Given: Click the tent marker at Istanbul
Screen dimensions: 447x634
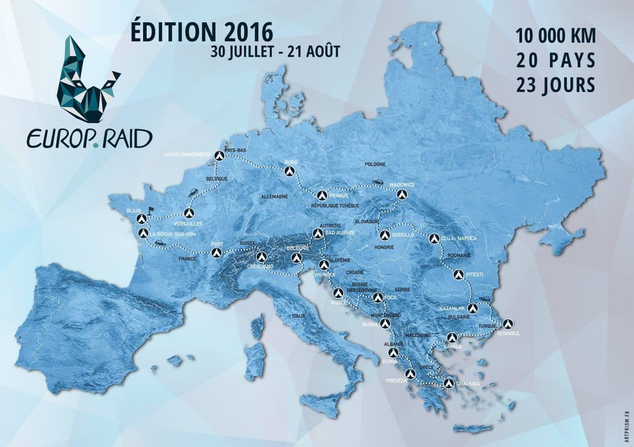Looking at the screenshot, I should [x=508, y=323].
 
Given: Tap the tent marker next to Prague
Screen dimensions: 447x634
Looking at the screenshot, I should [x=321, y=194].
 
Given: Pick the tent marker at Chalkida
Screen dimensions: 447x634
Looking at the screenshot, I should [x=448, y=383].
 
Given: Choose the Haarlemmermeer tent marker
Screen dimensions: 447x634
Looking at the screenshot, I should [x=217, y=155].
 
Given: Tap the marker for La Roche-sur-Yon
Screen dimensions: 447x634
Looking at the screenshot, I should [x=143, y=233].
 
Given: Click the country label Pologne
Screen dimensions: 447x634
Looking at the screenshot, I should [x=375, y=164].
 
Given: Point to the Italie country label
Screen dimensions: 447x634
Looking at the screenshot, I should [x=300, y=316].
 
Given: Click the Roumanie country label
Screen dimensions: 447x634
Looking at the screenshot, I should [x=459, y=255].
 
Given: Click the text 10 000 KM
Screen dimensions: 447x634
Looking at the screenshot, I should [x=555, y=35].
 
